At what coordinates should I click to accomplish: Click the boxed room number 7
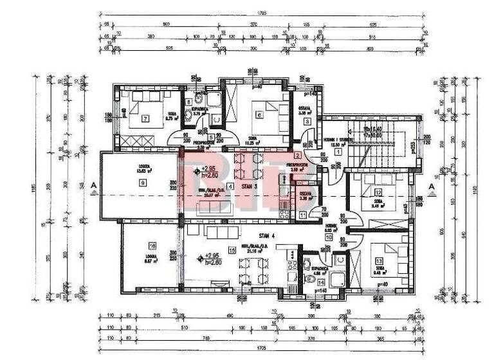145,118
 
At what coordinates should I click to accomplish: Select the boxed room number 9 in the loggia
143,183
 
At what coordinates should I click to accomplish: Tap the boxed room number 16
152,246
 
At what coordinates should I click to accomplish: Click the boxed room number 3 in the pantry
307,122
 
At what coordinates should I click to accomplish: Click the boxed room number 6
259,116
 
